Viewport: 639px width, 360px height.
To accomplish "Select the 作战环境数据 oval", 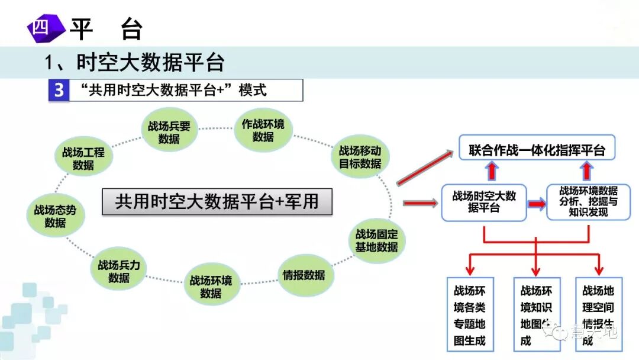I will tap(263, 130).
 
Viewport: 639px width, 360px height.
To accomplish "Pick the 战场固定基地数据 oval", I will tap(376, 240).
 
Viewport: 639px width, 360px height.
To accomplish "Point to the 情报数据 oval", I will tap(304, 275).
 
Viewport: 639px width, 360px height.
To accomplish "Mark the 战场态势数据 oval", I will tap(55, 216).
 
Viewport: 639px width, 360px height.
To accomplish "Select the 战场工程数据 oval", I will tap(83, 158).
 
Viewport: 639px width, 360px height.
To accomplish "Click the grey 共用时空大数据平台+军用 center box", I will tap(217, 201).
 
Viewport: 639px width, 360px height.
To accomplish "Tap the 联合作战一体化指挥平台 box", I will tap(537, 150).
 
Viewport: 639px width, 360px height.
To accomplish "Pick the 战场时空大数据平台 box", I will tap(484, 202).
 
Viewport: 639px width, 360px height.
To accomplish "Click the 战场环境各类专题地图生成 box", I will tap(470, 315).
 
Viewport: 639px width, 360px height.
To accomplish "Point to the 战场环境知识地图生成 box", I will tap(536, 315).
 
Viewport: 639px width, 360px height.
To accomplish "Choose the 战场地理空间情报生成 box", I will tap(598, 315).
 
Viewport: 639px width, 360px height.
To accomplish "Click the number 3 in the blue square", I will tap(59, 91).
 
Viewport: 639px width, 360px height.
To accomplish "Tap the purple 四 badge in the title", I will tap(44, 28).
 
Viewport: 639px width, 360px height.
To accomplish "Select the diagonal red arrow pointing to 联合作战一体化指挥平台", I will tap(424, 168).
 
